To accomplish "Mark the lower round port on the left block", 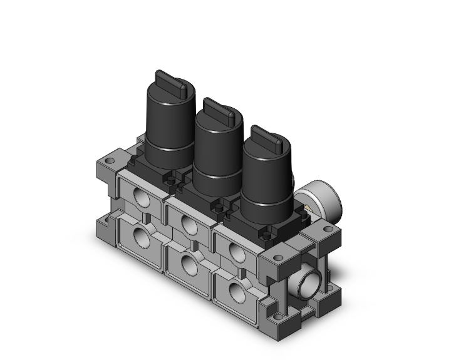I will coord(140,237).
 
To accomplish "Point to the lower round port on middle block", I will coord(188,264).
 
